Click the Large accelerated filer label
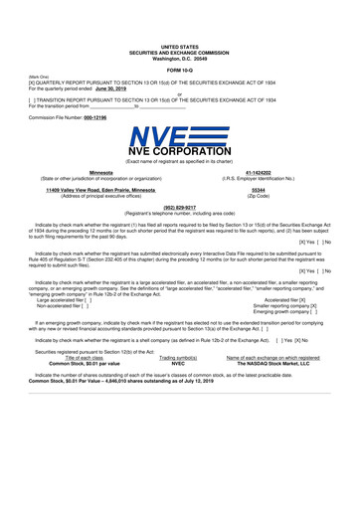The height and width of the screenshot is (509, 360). (x=65, y=325)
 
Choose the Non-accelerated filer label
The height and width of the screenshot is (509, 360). (x=62, y=332)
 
